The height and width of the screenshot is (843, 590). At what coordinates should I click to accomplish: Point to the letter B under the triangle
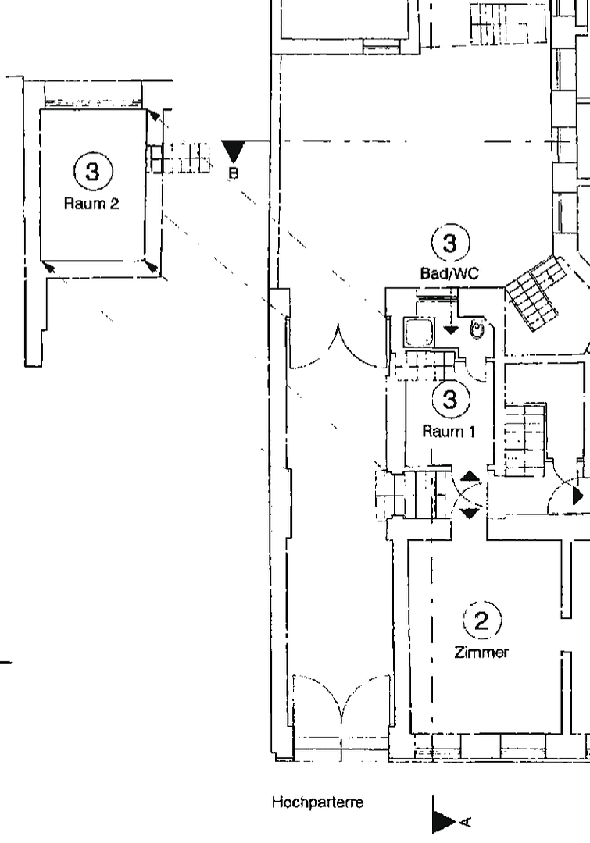tap(233, 174)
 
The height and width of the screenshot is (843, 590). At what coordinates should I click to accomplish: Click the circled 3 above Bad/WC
tap(450, 244)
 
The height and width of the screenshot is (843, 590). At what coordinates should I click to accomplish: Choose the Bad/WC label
tap(450, 274)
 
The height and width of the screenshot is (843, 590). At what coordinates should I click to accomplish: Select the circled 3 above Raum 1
tap(449, 400)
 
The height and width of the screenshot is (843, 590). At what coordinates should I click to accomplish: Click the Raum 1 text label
tap(449, 431)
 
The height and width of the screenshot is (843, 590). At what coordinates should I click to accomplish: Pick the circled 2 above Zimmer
tap(481, 621)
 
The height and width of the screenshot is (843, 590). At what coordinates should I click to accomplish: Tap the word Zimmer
tap(481, 653)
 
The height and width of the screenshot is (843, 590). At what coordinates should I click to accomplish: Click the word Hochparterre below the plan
tap(317, 802)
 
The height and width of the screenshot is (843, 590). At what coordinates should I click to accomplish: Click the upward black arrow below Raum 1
tap(470, 476)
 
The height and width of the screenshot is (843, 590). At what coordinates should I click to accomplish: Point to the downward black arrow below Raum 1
tap(470, 513)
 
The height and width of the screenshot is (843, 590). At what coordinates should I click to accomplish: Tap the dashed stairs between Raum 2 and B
tap(182, 158)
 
